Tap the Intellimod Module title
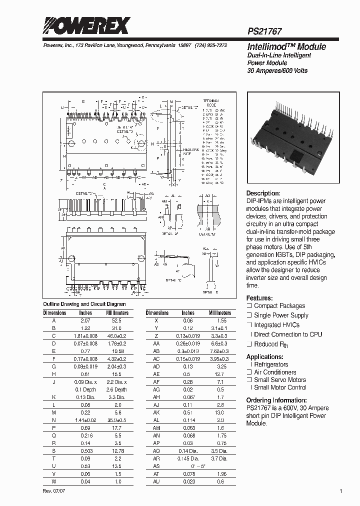click(x=286, y=47)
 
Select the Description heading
click(x=263, y=193)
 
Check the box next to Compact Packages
click(x=249, y=306)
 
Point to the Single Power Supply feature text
click(x=281, y=315)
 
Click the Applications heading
click(x=265, y=357)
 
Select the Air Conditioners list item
click(x=275, y=372)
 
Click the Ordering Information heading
click(x=276, y=400)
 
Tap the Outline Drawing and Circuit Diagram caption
click(x=84, y=304)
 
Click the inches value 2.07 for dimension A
click(x=85, y=320)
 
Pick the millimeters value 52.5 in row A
click(x=117, y=320)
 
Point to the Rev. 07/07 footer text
click(x=53, y=491)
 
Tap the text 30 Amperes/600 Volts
click(x=277, y=71)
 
